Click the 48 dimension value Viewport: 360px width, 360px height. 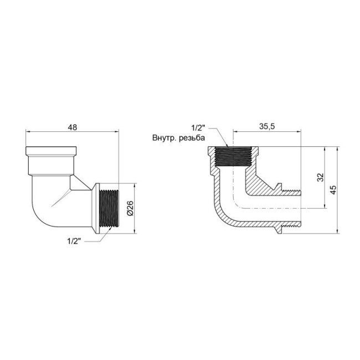coord(73,127)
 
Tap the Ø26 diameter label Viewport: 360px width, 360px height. coord(130,208)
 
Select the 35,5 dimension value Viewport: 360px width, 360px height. coord(267,126)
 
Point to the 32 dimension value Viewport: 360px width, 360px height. coord(320,177)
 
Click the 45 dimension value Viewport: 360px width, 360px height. coord(333,189)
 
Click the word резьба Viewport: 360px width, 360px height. coord(192,138)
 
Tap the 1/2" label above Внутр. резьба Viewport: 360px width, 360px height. coord(198,127)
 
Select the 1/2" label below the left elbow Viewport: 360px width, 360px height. coord(74,241)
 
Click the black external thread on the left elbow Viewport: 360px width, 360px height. coord(109,209)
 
